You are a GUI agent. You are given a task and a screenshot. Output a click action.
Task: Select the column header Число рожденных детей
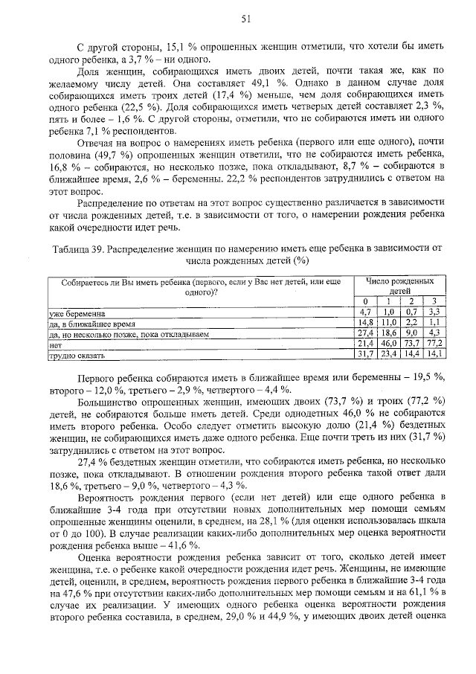click(x=399, y=286)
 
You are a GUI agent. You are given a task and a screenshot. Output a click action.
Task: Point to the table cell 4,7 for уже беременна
click(x=364, y=313)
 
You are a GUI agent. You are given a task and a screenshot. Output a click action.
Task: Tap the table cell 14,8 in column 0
click(x=364, y=324)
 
